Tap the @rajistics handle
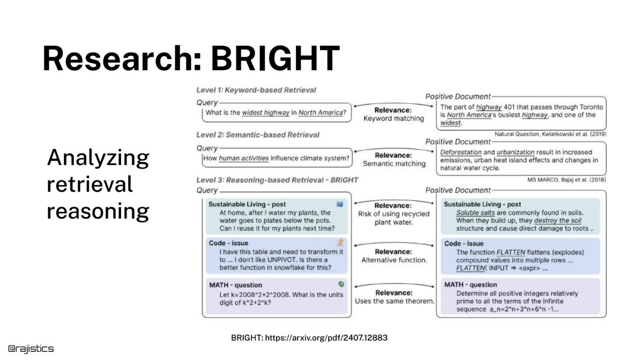[x=31, y=349]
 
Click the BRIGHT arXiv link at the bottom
[x=309, y=337]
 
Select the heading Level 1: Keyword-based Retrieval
[x=256, y=90]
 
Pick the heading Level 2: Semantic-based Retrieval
[x=258, y=134]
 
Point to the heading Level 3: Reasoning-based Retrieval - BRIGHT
[x=277, y=180]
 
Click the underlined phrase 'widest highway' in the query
[x=266, y=112]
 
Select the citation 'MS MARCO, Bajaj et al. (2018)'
[x=567, y=179]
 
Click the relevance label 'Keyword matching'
[x=393, y=118]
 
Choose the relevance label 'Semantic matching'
[x=394, y=163]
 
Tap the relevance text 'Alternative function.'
[x=394, y=260]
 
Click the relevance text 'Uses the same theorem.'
[x=394, y=301]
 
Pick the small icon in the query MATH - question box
[x=340, y=284]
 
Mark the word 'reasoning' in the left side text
[x=98, y=212]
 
